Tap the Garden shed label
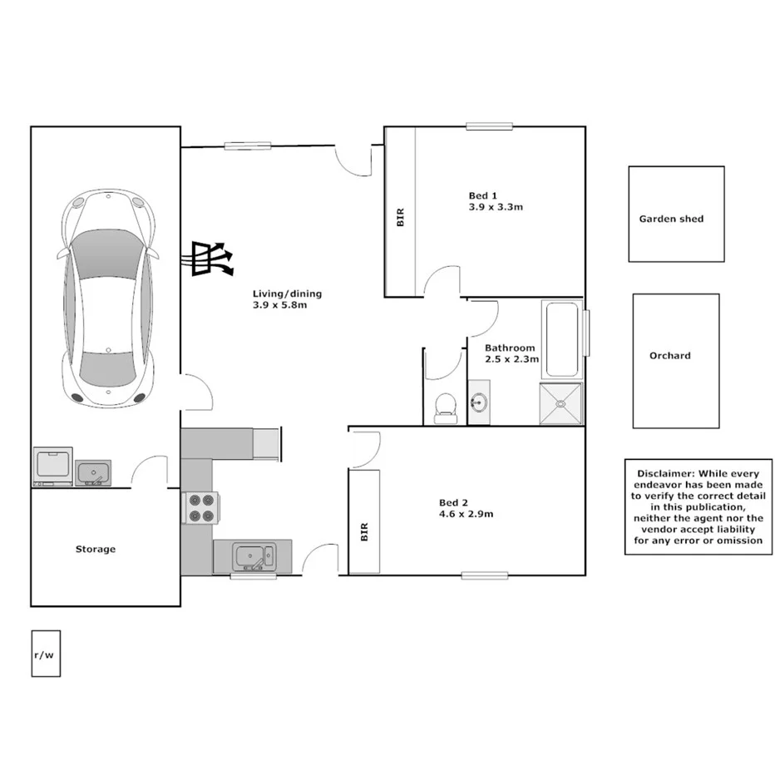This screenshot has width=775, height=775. (x=671, y=220)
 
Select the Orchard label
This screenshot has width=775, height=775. (x=670, y=356)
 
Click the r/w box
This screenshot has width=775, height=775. (x=45, y=654)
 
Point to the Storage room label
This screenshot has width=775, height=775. (x=96, y=550)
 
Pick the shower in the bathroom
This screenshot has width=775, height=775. (x=561, y=404)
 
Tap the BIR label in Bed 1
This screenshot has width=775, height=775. (x=400, y=218)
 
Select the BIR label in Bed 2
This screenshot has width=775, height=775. (x=364, y=532)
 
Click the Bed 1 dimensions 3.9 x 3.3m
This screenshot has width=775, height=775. (x=496, y=208)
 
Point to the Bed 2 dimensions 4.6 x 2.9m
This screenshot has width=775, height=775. (x=466, y=514)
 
